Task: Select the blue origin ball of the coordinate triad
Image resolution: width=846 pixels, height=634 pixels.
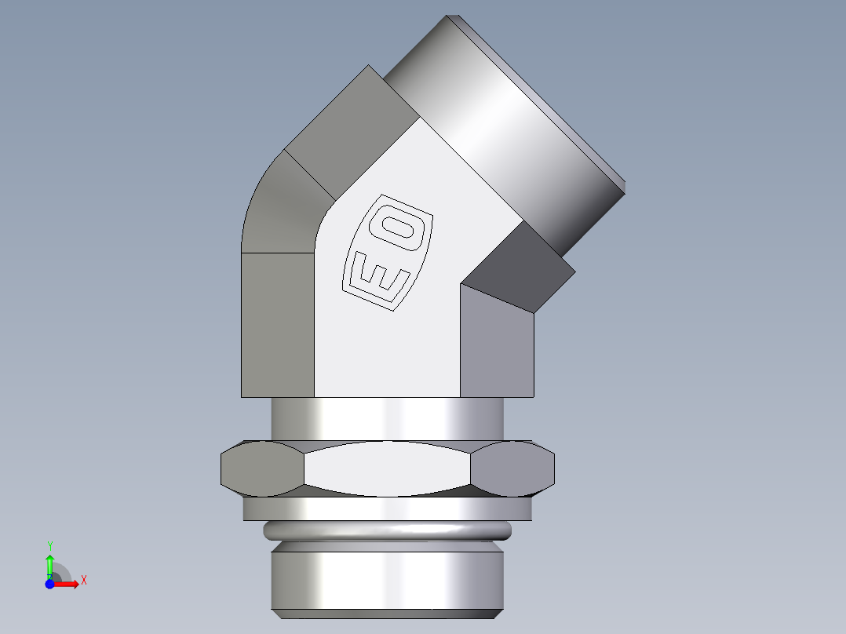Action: click(x=49, y=585)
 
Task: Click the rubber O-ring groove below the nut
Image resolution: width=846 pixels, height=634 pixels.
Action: click(x=388, y=531)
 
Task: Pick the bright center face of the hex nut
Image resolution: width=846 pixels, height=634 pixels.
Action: click(x=388, y=469)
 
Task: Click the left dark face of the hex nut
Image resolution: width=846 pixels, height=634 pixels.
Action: click(x=262, y=468)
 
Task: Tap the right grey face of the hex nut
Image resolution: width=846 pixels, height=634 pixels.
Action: click(x=514, y=468)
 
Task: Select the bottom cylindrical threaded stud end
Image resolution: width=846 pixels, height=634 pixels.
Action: click(x=388, y=581)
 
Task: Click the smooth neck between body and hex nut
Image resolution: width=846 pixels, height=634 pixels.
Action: click(x=388, y=418)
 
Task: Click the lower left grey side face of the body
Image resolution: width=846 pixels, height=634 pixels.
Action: click(x=277, y=326)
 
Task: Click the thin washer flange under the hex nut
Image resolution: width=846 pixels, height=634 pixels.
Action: click(x=388, y=509)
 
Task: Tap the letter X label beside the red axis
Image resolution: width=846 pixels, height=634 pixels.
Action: click(x=84, y=581)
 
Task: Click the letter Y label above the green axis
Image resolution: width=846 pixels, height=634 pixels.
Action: click(x=49, y=545)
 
